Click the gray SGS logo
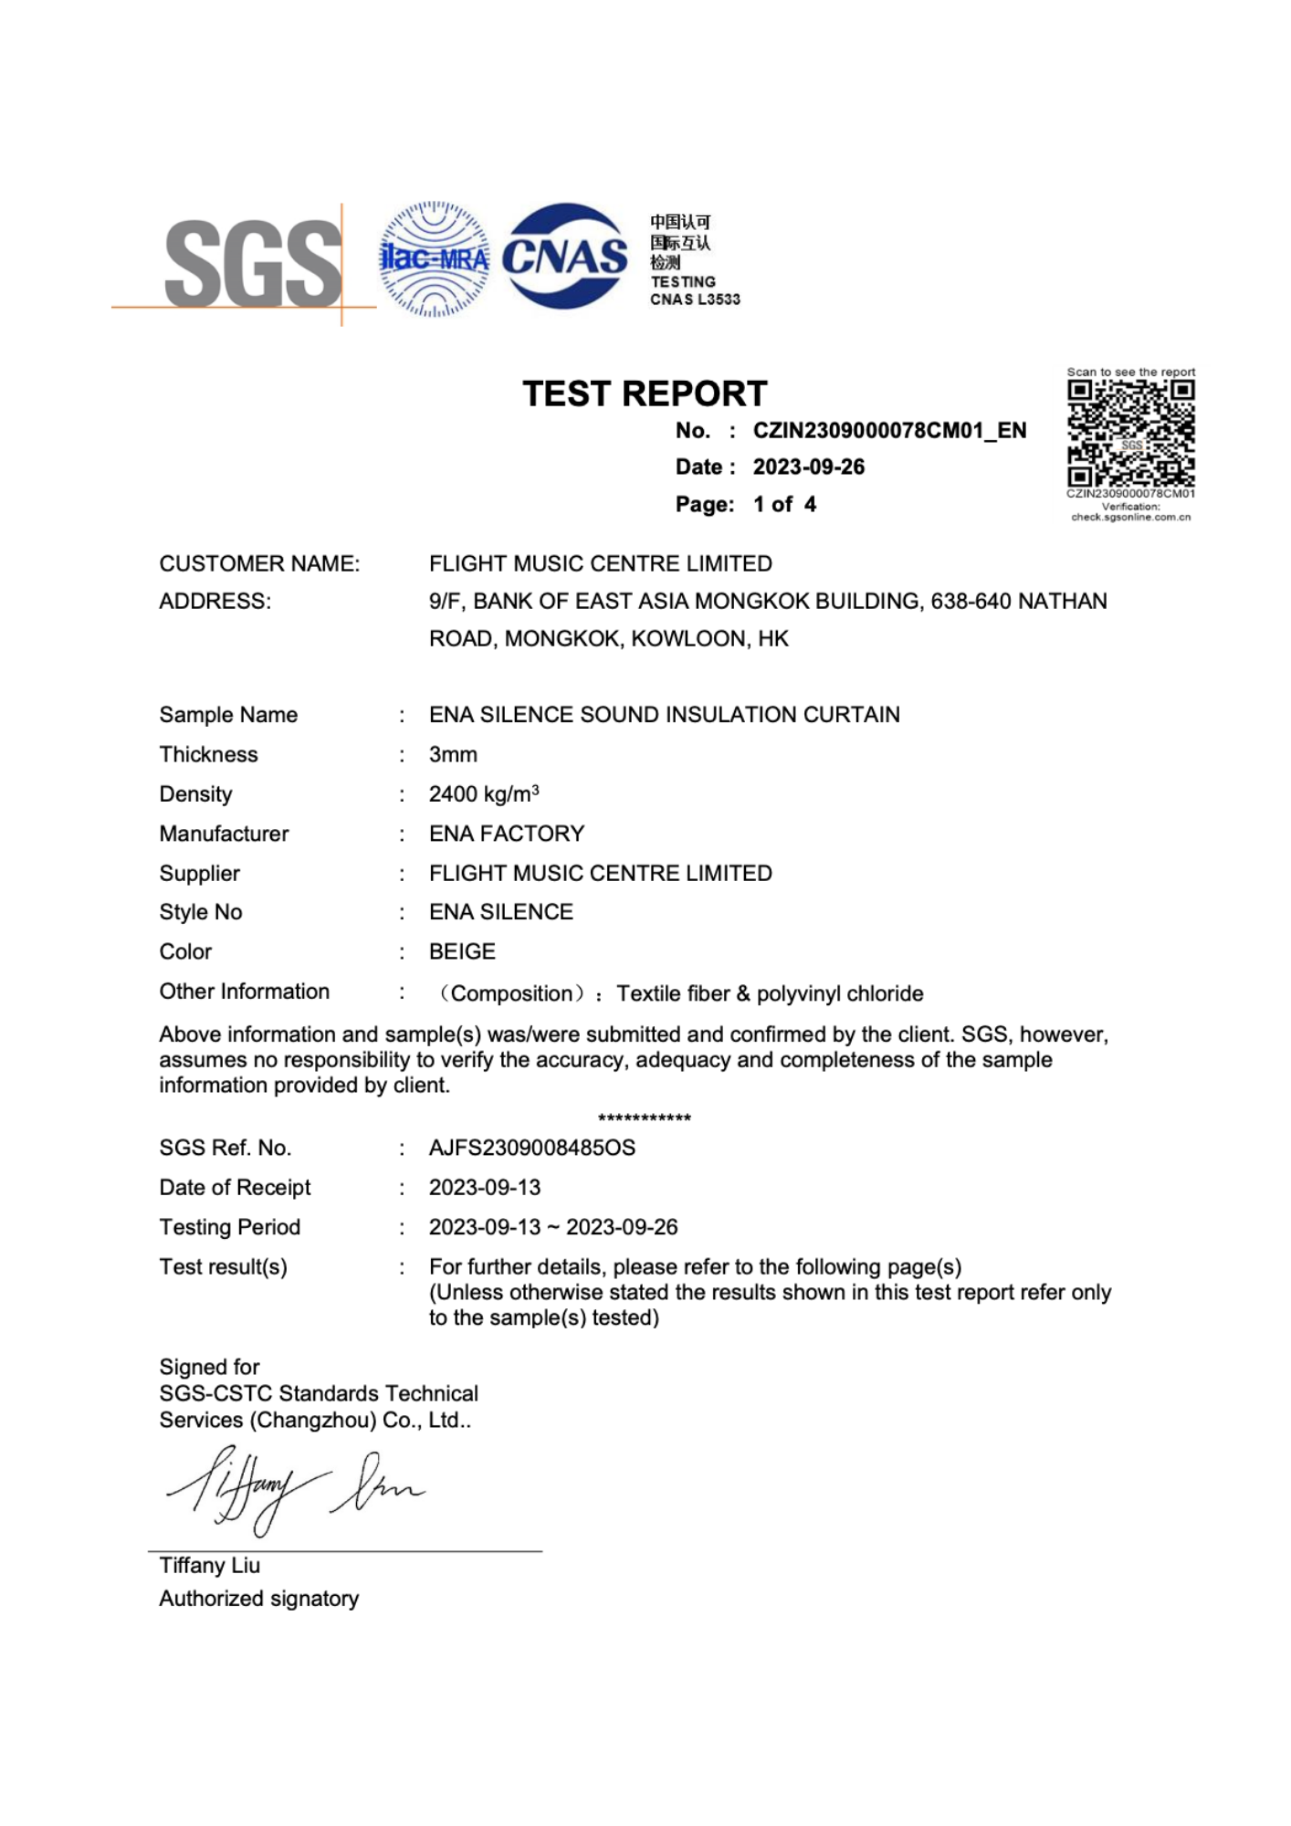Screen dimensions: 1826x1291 pyautogui.click(x=253, y=263)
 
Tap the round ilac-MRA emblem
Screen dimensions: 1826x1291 pyautogui.click(x=434, y=259)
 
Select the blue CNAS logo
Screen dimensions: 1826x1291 pyautogui.click(x=565, y=256)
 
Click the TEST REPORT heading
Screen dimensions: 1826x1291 pyautogui.click(x=645, y=394)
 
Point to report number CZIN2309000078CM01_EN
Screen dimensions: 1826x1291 pyautogui.click(x=888, y=430)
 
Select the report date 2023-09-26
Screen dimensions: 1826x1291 pyautogui.click(x=808, y=467)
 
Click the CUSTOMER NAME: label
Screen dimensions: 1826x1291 pyautogui.click(x=259, y=563)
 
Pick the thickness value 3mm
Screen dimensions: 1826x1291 pyautogui.click(x=453, y=754)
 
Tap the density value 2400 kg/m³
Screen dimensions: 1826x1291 pyautogui.click(x=484, y=793)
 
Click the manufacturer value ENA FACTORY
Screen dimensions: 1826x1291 pyautogui.click(x=506, y=834)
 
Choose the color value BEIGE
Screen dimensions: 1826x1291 pyautogui.click(x=462, y=951)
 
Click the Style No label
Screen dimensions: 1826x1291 pyautogui.click(x=201, y=912)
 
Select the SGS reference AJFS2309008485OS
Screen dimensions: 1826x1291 pyautogui.click(x=531, y=1148)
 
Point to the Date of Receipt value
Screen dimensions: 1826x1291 pyautogui.click(x=485, y=1187)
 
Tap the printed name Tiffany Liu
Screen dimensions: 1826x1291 pyautogui.click(x=210, y=1565)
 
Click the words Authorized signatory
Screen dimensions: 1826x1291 pyautogui.click(x=259, y=1598)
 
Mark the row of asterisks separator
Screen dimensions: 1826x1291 pyautogui.click(x=645, y=1118)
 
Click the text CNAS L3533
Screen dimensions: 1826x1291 pyautogui.click(x=695, y=299)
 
